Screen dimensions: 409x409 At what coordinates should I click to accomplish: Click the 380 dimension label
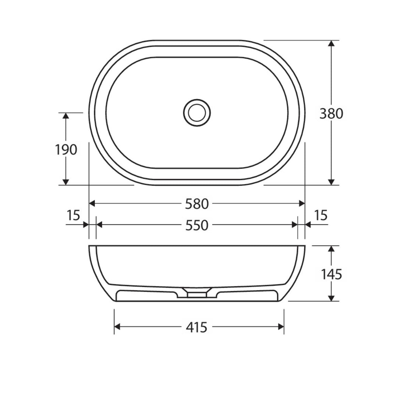tap(331, 114)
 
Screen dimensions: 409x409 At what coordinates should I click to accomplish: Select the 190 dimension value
tap(66, 150)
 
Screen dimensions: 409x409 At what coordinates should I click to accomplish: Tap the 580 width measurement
tap(197, 204)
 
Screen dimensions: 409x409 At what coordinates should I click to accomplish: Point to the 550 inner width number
tap(197, 225)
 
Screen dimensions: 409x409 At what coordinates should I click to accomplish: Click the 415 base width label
tap(197, 327)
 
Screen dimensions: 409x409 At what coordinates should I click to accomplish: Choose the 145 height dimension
tap(331, 275)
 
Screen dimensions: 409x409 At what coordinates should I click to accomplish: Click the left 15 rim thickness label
tap(73, 215)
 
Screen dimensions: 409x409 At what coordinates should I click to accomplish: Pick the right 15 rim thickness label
tap(321, 215)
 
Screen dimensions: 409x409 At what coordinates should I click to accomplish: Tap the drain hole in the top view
tap(197, 113)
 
